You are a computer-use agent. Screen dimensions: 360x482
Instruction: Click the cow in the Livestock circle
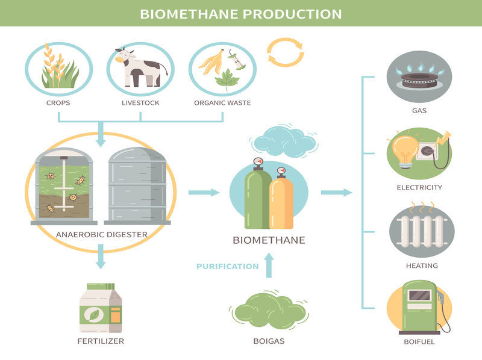[139, 67]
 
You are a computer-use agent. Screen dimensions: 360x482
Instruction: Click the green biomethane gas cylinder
[257, 196]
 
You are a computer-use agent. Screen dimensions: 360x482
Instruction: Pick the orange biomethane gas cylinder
[281, 199]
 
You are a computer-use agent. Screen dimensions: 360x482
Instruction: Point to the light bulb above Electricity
[405, 147]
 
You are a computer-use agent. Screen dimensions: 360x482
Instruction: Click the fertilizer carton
[101, 309]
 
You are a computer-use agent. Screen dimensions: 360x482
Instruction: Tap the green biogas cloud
[269, 310]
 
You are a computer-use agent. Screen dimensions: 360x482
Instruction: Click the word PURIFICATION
[227, 266]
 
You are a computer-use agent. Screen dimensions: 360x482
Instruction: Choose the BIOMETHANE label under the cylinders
[269, 240]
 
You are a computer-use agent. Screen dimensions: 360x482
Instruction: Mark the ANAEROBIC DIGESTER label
[101, 234]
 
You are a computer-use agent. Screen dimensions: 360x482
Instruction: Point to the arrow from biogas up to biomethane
[269, 265]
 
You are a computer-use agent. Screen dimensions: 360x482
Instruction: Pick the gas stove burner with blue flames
[419, 76]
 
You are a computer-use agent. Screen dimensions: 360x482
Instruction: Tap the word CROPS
[58, 103]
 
